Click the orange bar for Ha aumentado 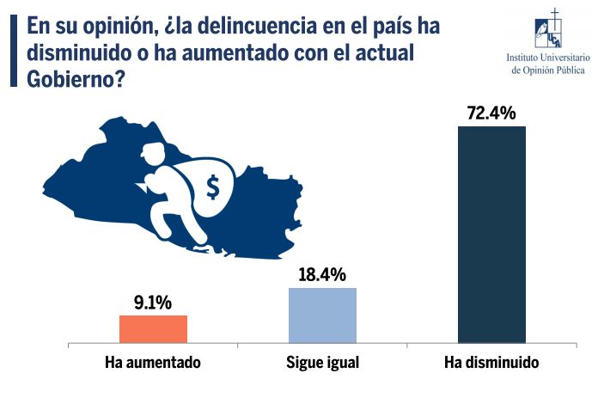153,329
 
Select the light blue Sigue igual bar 322,315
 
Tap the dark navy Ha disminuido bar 491,235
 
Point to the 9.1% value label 153,303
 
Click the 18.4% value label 322,275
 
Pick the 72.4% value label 491,113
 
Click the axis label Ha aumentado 153,363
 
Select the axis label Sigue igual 322,363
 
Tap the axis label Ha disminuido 491,363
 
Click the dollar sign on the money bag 212,186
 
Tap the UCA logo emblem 547,31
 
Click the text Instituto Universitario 547,58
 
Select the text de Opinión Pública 547,70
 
